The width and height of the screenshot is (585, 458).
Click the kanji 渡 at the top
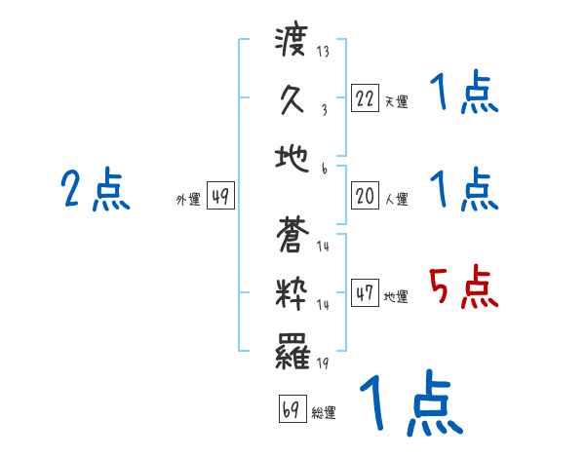(x=292, y=45)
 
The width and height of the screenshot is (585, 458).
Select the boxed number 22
(x=364, y=98)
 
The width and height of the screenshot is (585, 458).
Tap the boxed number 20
(x=364, y=196)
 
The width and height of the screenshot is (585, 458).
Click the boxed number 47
(x=364, y=293)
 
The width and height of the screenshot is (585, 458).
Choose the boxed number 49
(x=220, y=198)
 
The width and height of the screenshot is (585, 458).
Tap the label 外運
(x=188, y=200)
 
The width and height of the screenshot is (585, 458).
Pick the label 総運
(x=324, y=412)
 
